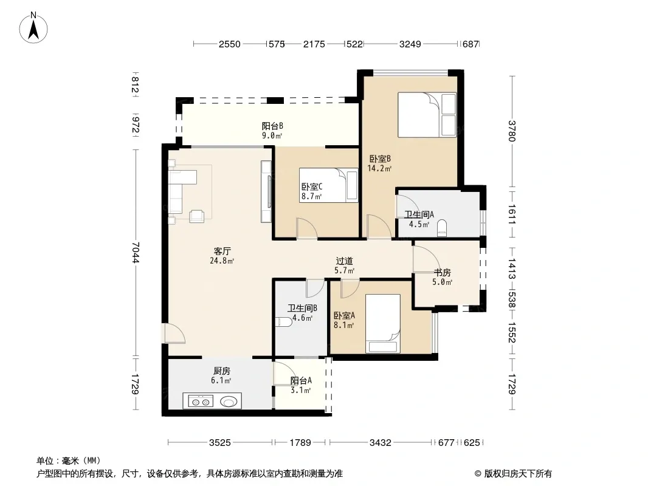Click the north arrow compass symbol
coord(33,27)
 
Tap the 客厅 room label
coord(222,251)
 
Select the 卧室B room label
coord(380,159)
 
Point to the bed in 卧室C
coord(328,185)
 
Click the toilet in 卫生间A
coord(442,228)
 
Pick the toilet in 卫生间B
coord(284,321)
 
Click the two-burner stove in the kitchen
coord(201,401)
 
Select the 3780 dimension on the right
coord(512,131)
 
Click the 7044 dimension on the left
coord(136,252)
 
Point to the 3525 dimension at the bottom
coord(219,443)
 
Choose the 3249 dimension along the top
coord(410,44)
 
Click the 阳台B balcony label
coord(272,126)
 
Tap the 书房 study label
coord(442,273)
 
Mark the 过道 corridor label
coord(344,261)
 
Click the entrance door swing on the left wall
coord(174,334)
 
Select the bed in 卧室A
coord(383,323)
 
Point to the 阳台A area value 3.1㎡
coord(301,390)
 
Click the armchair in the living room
coord(197,216)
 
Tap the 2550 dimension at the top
coord(229,44)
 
